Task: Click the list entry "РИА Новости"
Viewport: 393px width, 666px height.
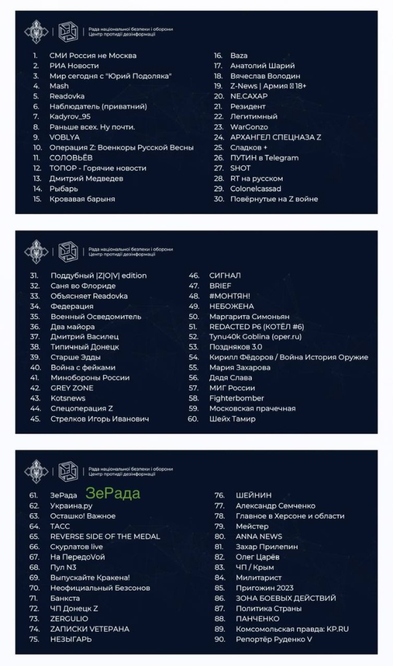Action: pos(74,66)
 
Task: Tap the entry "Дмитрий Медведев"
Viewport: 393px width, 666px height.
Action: pos(86,178)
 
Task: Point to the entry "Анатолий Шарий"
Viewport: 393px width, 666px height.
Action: pos(262,66)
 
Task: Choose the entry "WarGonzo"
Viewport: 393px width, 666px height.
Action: pos(249,127)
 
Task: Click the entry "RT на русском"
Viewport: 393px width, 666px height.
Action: pos(256,178)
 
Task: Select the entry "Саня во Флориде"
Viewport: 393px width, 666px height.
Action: pos(83,286)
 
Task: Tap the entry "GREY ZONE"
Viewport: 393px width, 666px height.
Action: pos(72,388)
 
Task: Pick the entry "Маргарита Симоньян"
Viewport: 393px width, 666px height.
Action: pos(249,316)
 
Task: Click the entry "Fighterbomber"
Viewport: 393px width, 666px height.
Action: pos(236,399)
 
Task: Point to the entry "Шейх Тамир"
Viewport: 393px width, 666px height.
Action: pos(232,419)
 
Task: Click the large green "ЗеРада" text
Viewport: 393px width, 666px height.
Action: pos(113,494)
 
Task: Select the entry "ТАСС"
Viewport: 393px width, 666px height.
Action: pos(60,526)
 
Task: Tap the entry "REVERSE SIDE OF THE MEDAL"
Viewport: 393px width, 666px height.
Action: pos(105,537)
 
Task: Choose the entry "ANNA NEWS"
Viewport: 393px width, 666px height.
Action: pos(259,537)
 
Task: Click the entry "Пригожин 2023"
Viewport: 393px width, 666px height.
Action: pos(265,588)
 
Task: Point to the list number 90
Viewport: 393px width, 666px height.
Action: pos(219,640)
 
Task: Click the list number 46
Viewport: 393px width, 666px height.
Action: pos(193,276)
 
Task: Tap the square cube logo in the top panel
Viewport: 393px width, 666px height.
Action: pos(68,31)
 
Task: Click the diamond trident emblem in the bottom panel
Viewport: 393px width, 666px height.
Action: pos(36,471)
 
